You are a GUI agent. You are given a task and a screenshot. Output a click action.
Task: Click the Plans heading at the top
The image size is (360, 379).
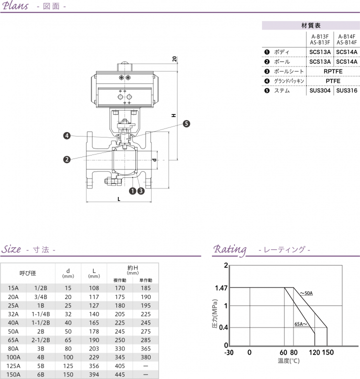point(16,6)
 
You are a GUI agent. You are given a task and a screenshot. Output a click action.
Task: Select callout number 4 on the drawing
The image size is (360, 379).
point(66,135)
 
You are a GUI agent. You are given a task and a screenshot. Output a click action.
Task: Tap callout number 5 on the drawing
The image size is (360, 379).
point(186,124)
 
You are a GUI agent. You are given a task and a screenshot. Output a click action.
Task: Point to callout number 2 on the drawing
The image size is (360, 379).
point(66,159)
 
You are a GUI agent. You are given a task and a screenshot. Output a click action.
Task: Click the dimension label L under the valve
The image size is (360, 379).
point(118,198)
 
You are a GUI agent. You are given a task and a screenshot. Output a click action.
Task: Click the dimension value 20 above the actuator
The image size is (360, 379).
point(174,59)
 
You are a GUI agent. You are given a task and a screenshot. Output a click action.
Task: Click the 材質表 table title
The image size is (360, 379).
point(310,25)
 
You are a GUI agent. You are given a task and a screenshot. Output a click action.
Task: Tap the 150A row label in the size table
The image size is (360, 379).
point(13,373)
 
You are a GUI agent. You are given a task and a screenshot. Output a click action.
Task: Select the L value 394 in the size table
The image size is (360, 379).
point(93,373)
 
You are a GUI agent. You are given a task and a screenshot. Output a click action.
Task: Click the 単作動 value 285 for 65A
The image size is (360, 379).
point(145,339)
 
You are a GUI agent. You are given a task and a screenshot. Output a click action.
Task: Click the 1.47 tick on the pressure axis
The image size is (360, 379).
point(220,288)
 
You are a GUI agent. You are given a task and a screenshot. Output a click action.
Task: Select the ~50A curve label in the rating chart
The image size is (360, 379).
point(306,293)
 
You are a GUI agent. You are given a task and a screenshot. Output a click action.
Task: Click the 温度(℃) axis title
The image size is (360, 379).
point(288,360)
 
